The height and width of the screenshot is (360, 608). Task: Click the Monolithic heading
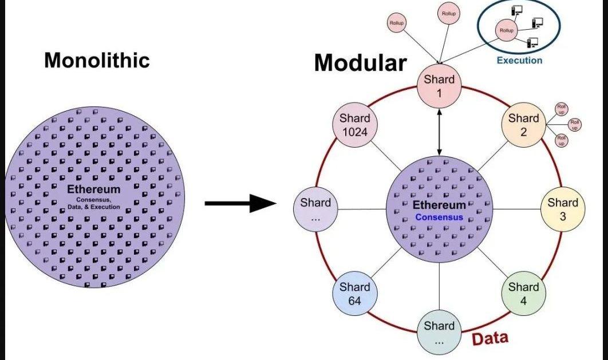(97, 60)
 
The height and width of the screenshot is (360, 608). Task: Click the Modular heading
(360, 63)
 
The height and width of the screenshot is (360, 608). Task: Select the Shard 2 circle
(523, 125)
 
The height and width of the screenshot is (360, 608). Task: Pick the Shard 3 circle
(563, 209)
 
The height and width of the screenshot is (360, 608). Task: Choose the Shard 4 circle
(523, 293)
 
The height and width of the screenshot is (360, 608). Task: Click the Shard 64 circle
(354, 293)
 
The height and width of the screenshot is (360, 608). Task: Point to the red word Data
(489, 338)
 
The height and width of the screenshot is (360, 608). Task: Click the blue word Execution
(519, 60)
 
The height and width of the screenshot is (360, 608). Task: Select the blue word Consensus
(439, 217)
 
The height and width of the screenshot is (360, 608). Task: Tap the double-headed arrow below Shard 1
(439, 132)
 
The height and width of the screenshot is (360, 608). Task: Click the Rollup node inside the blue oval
(506, 30)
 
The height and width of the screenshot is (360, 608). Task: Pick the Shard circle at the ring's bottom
(439, 333)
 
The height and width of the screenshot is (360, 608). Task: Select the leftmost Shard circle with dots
(315, 209)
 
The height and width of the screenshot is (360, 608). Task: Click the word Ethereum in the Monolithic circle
(93, 189)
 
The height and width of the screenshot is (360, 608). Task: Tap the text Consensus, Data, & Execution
(93, 203)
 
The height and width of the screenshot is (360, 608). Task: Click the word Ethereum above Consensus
(439, 205)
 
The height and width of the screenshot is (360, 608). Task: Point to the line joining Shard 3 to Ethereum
(517, 209)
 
